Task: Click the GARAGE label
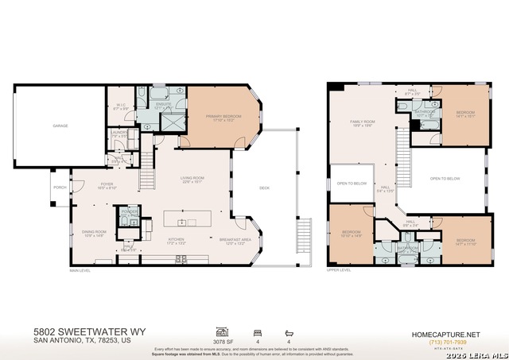[60, 125]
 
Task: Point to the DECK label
[264, 188]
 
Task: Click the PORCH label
[60, 188]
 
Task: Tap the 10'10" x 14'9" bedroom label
[351, 234]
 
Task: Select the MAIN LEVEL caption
[80, 269]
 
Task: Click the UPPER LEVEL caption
[339, 269]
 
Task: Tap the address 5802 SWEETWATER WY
[90, 331]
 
